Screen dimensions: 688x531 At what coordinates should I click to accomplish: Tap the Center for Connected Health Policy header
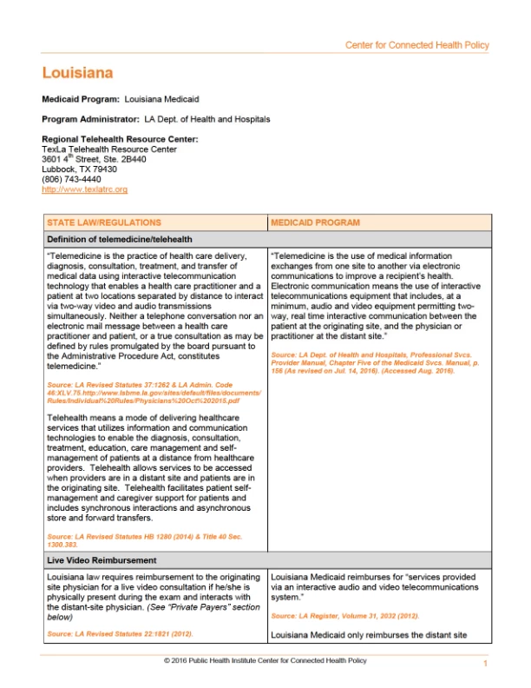point(416,45)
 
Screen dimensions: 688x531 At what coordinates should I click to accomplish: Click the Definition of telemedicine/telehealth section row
point(120,239)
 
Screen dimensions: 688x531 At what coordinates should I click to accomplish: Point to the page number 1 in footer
point(486,664)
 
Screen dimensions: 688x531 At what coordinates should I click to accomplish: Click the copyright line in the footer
point(265,660)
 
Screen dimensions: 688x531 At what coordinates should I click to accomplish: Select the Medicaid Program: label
point(81,100)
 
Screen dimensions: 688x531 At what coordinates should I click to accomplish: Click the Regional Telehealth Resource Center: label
point(120,139)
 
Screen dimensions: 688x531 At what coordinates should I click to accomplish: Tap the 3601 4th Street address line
point(94,160)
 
